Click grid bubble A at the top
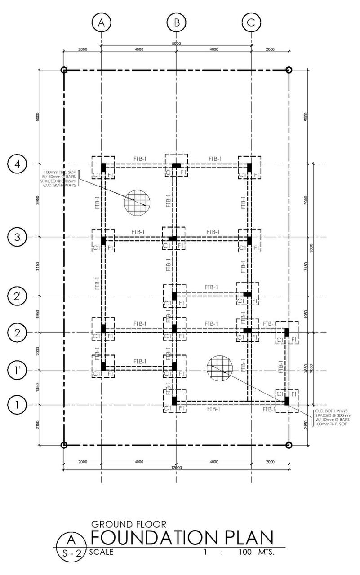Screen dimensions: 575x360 (x=101, y=22)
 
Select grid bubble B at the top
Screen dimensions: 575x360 (x=176, y=22)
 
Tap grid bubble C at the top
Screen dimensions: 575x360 (x=251, y=22)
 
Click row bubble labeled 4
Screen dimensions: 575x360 (x=17, y=164)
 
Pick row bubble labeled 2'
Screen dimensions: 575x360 (x=17, y=296)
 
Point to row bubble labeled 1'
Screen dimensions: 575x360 (x=17, y=370)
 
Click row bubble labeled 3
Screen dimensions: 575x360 (x=17, y=237)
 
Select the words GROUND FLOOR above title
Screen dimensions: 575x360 (x=129, y=524)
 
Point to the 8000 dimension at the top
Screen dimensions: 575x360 (x=176, y=44)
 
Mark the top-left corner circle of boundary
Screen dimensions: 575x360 (x=64, y=70)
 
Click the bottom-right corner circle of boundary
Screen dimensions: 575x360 (x=289, y=445)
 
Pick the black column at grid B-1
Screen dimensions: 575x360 (x=174, y=401)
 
